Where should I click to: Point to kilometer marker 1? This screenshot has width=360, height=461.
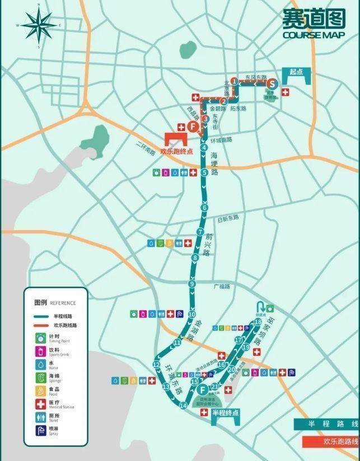point(234,82)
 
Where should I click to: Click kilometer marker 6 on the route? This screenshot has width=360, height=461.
point(205,208)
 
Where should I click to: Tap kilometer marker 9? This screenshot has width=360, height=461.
point(192,285)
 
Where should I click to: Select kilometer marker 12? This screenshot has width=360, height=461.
point(156,365)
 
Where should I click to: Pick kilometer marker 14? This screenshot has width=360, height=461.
point(183,405)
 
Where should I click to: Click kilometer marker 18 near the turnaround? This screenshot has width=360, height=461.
point(258,322)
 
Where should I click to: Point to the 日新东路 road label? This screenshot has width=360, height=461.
point(228,217)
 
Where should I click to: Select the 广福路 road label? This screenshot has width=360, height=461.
point(222,286)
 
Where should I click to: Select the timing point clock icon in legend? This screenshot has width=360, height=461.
point(41,338)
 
